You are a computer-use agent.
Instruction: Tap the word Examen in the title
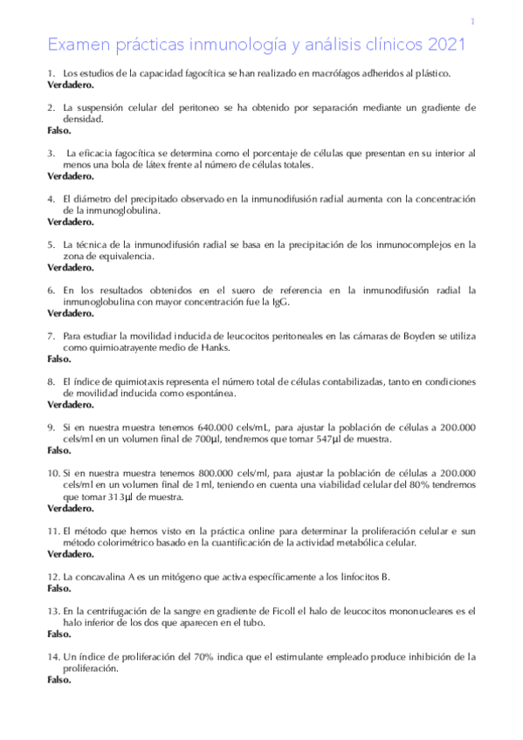coord(75,44)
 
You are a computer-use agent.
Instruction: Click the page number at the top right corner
coord(472,22)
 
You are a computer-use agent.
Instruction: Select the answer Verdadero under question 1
coord(72,86)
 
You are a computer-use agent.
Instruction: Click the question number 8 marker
coord(52,381)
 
